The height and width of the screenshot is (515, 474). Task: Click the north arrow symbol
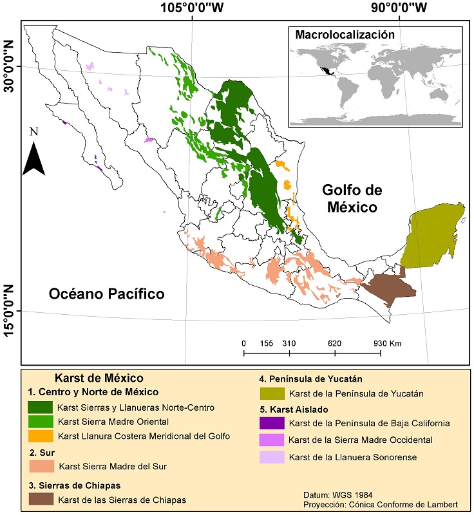(33, 158)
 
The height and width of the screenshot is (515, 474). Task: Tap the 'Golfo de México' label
(352, 199)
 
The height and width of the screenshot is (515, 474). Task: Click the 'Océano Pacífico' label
(106, 294)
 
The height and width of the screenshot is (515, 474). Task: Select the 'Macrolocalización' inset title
(345, 34)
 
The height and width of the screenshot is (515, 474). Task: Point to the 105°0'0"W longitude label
(192, 8)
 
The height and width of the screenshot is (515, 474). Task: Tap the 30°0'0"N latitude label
(9, 66)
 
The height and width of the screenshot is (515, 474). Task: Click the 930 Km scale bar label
(386, 344)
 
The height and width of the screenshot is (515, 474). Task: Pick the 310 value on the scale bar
(289, 344)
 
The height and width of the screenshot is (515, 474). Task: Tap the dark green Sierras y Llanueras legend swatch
(40, 407)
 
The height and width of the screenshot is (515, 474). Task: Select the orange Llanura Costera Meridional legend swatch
(40, 436)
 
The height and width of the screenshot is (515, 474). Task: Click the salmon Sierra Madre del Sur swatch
(40, 466)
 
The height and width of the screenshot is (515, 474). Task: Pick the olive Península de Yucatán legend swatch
(272, 393)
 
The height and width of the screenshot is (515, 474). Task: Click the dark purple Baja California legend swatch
(272, 424)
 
